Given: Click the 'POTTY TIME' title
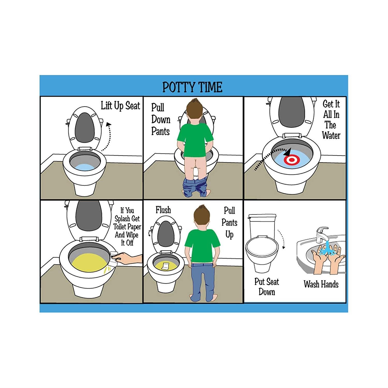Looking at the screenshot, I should [192, 87].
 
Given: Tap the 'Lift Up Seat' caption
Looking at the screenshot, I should [120, 106].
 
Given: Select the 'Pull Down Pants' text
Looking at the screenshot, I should [160, 119].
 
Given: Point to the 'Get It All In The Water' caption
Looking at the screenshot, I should [331, 120].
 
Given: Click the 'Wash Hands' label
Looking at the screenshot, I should [321, 284].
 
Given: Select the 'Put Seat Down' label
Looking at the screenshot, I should [267, 287].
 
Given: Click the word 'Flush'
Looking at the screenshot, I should [163, 210].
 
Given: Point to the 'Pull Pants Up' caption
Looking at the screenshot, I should [229, 222].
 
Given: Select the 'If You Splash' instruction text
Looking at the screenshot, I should [127, 227].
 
